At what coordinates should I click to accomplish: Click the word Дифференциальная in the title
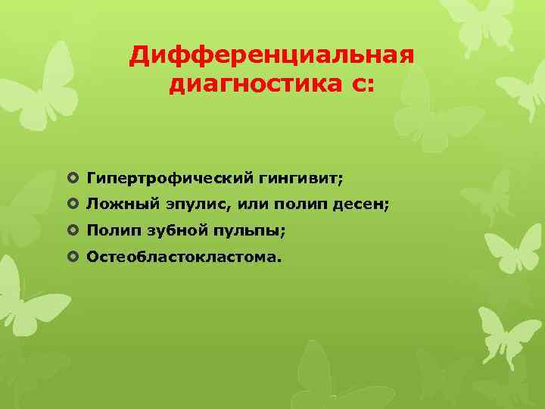coord(272,56)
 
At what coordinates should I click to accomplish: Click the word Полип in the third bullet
coord(111,230)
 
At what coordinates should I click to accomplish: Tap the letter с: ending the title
coord(362,85)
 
